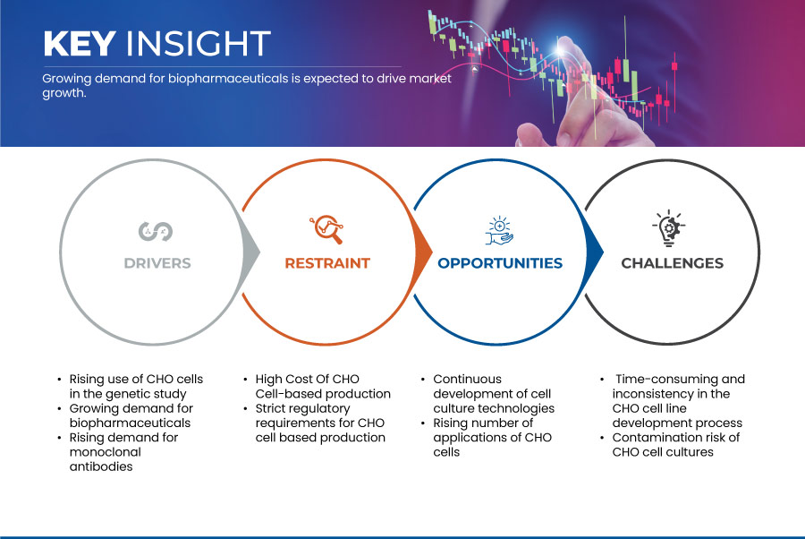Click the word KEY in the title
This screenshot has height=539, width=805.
point(80,43)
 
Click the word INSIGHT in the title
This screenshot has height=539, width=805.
point(199,43)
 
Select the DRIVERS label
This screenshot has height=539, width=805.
point(157,263)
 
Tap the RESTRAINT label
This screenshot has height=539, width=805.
point(327,263)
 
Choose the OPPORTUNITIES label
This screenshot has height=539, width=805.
point(500,263)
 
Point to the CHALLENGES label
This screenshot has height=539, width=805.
point(672,263)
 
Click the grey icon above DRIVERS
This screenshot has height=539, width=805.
point(156,231)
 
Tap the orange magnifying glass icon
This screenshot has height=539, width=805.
point(326,229)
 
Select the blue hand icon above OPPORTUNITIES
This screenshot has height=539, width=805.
point(499,231)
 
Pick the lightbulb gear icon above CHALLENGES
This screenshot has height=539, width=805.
point(669,228)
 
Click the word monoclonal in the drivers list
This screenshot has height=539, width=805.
point(106,452)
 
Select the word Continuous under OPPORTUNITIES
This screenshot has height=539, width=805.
point(467,380)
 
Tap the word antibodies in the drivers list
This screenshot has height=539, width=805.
point(101,466)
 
